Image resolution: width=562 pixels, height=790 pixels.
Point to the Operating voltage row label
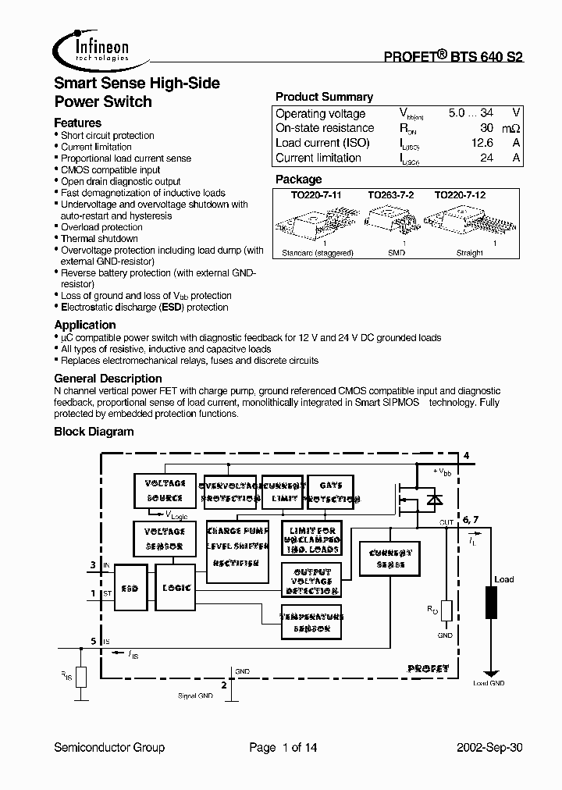pos(320,113)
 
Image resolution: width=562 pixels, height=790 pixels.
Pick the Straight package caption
pos(469,253)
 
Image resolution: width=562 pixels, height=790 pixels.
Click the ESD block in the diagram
pos(130,587)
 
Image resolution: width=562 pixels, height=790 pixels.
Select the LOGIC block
pos(176,587)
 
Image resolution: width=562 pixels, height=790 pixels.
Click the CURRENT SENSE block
pos(390,557)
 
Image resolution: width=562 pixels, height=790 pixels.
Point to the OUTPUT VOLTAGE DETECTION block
pos(311,580)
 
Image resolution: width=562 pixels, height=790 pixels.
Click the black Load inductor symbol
pos(491,603)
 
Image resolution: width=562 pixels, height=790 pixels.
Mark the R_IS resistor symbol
pos(80,677)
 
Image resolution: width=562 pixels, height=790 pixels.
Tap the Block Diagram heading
pos(94,432)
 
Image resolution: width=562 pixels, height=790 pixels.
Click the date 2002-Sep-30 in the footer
pos(488,748)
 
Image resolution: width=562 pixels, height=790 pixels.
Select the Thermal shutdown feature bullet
pos(99,239)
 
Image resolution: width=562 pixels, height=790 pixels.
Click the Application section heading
pos(85,325)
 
